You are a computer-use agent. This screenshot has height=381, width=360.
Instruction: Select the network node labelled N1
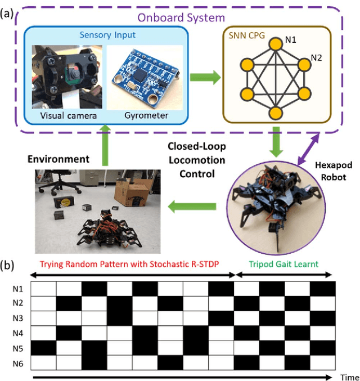(x=276, y=43)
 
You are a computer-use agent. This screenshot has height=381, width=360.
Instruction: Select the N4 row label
(x=19, y=333)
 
